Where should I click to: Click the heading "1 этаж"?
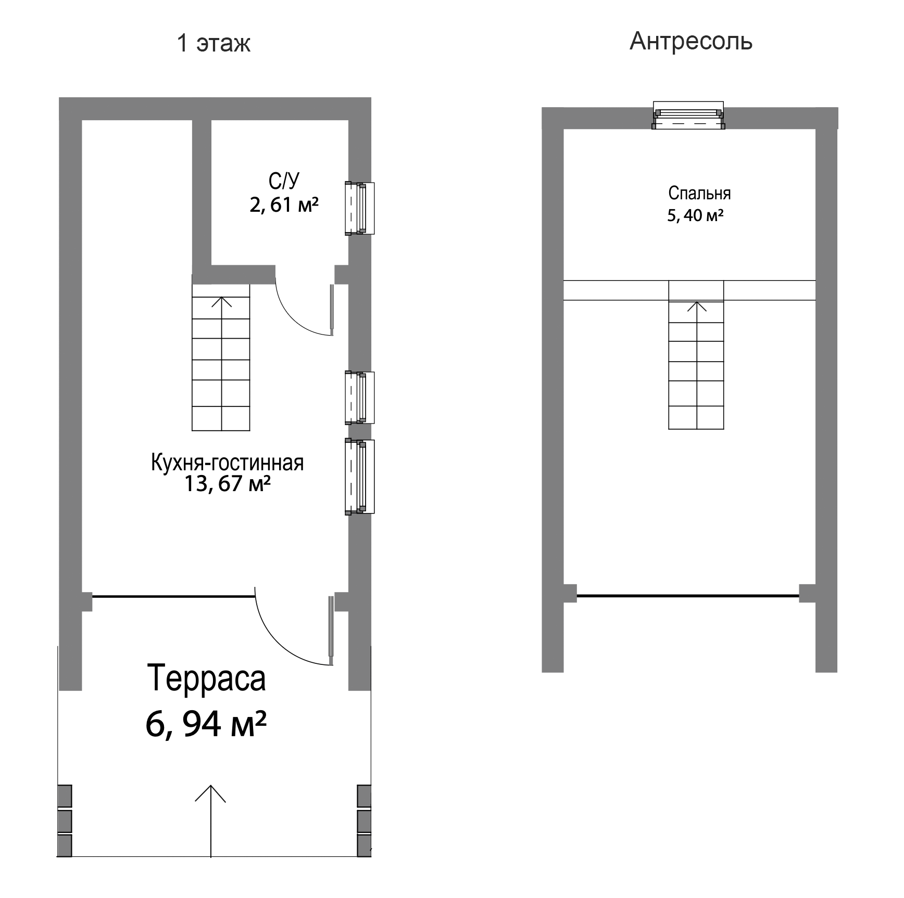[x=214, y=43]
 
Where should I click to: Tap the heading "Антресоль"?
[x=691, y=41]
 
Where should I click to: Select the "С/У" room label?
[x=284, y=181]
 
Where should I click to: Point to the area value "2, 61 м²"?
[x=284, y=204]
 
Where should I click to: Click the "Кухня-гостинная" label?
[x=227, y=463]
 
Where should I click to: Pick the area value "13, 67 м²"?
[x=227, y=484]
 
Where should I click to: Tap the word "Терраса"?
[x=207, y=678]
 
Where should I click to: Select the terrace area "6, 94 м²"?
[x=206, y=724]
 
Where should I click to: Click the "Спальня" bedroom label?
[x=699, y=194]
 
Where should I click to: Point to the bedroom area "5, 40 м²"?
[x=695, y=215]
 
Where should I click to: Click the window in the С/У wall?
[x=360, y=208]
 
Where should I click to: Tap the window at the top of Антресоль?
[x=688, y=115]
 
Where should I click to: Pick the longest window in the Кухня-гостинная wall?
[x=360, y=477]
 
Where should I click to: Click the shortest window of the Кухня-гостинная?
[x=360, y=397]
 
